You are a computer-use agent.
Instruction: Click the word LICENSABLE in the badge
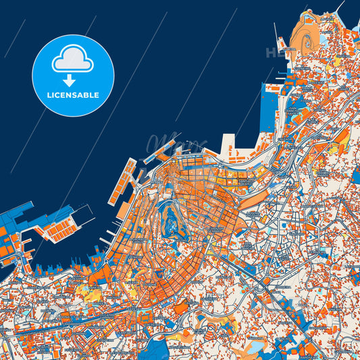coord(73,95)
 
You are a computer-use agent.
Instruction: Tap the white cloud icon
coord(73,59)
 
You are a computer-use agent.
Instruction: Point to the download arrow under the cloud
coord(73,78)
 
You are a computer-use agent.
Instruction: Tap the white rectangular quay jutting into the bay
coord(228,143)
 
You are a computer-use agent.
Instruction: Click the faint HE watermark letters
coord(274,52)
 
